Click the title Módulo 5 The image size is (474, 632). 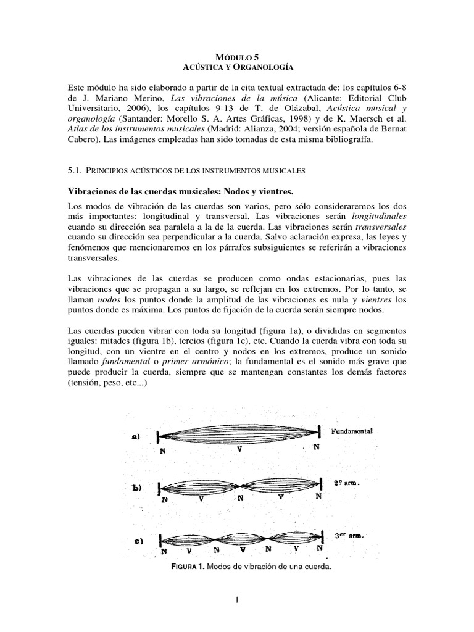tap(237, 56)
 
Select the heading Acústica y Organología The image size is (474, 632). tap(237, 66)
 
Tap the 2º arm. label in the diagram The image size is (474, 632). tap(347, 483)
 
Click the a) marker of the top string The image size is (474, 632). tap(135, 436)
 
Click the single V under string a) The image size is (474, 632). tap(239, 449)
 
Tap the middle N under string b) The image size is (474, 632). tap(240, 497)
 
